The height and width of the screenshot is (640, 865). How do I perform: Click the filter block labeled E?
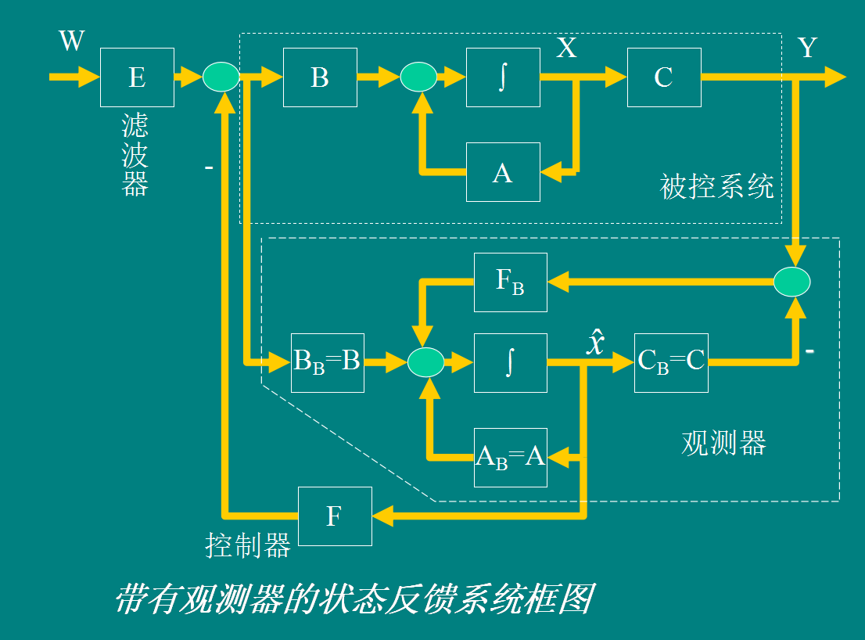point(137,77)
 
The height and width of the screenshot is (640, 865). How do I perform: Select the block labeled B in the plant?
point(320,77)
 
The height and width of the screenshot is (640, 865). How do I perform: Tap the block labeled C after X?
point(664,77)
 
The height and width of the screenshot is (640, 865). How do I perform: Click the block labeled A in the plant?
point(503,172)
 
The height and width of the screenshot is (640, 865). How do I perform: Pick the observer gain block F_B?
point(511,281)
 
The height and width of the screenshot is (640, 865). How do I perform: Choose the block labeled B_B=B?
point(328,362)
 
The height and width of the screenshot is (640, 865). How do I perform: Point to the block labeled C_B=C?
point(671,362)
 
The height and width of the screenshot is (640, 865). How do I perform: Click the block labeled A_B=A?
point(511,457)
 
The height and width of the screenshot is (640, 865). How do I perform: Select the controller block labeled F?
point(335,516)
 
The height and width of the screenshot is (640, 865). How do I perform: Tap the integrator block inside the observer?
point(511,362)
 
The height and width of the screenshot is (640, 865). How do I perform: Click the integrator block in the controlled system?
point(503,77)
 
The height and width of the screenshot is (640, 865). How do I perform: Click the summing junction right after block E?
point(221,77)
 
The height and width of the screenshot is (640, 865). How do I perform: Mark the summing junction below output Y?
point(792,282)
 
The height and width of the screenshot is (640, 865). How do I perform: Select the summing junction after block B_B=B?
point(426,362)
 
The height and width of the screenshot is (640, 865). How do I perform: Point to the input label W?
point(71,40)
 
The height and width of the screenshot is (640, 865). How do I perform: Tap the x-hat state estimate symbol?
point(596,343)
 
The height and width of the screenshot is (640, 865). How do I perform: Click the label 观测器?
point(723,443)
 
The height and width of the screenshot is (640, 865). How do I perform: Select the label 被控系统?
point(717,187)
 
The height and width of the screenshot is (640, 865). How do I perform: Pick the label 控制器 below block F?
point(248,545)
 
